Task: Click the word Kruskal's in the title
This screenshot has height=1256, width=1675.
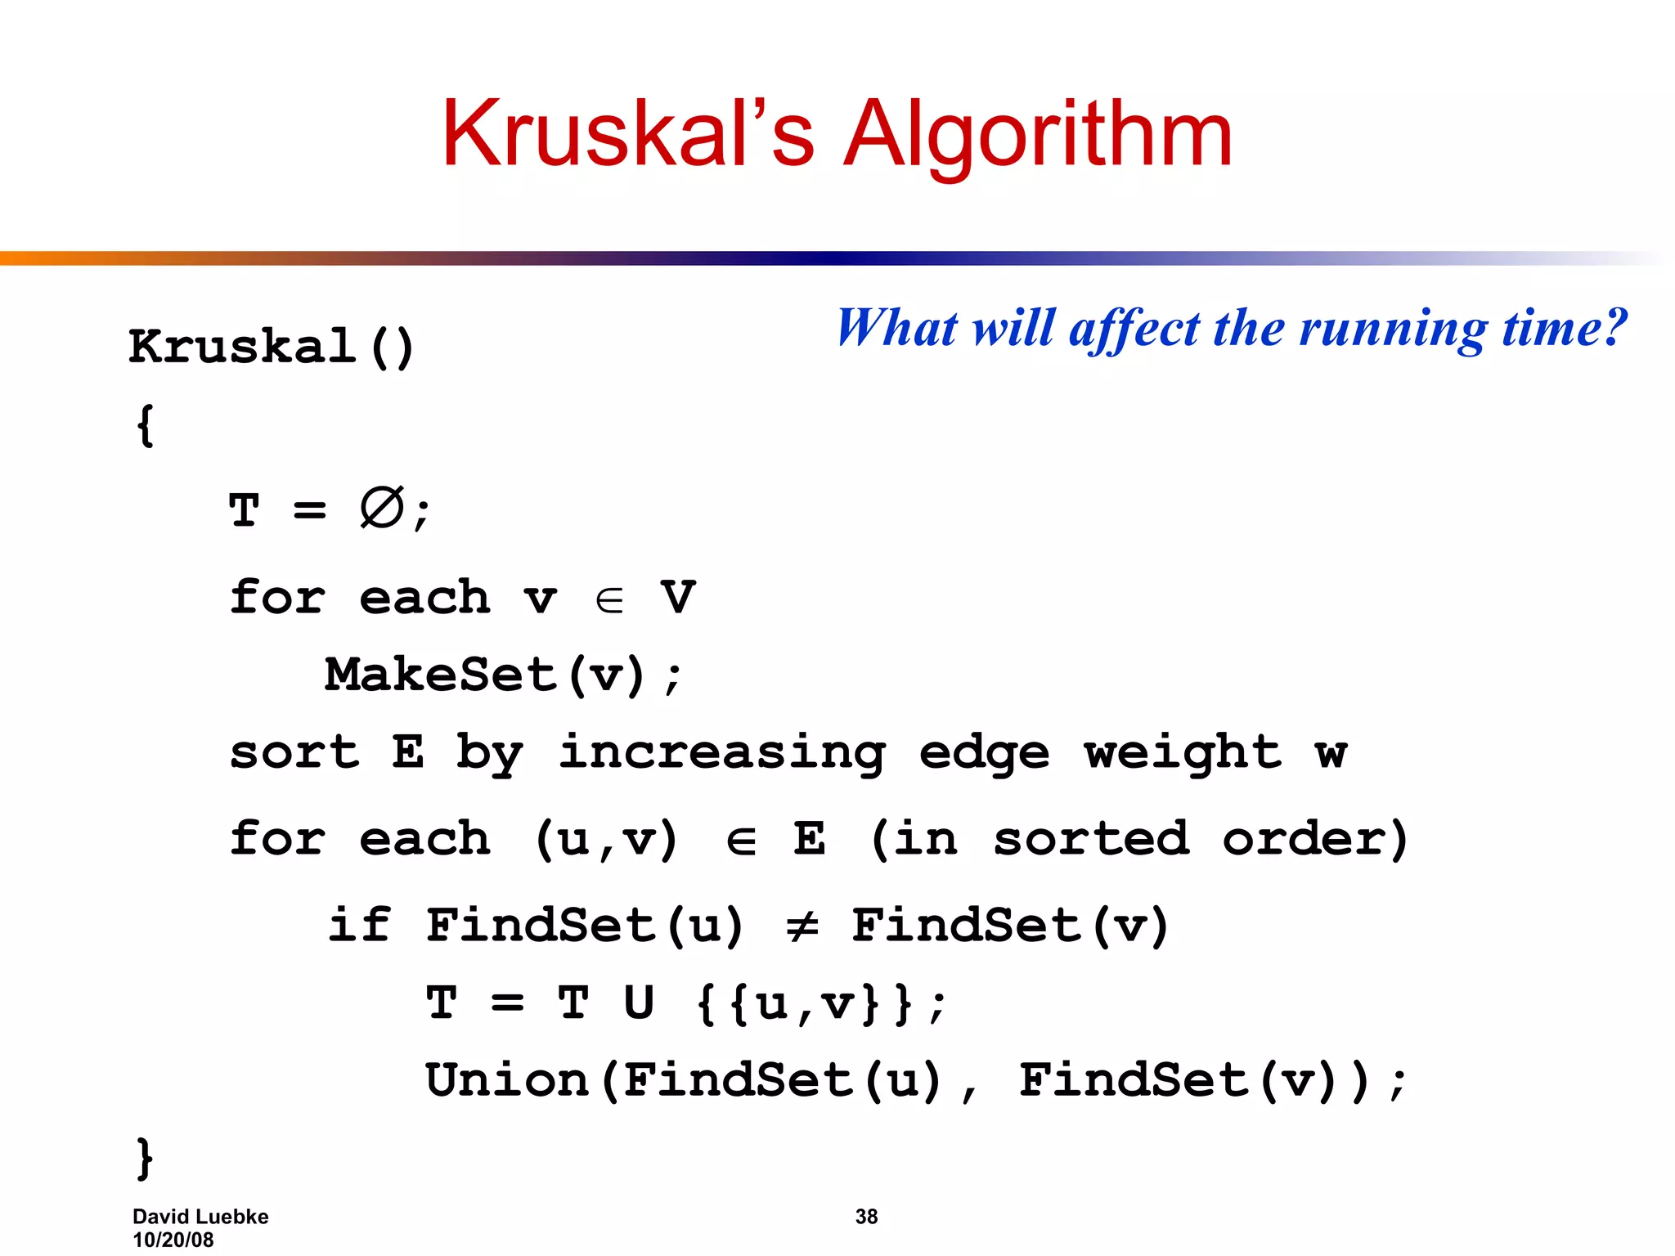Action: (627, 134)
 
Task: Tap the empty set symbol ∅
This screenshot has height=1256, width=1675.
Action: (381, 508)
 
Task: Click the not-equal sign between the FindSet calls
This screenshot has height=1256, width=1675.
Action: (802, 926)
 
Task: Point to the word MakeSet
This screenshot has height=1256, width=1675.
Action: (441, 675)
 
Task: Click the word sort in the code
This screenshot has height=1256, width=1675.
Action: (294, 752)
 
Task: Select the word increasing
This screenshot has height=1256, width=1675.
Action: (721, 754)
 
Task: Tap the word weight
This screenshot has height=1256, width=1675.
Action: (1183, 752)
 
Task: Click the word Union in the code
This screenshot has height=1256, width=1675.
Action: (507, 1080)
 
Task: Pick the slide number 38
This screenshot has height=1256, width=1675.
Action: (866, 1217)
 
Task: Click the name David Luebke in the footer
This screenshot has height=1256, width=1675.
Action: (200, 1217)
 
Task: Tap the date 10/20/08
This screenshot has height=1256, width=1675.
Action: (173, 1240)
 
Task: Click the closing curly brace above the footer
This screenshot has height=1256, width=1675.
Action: (145, 1158)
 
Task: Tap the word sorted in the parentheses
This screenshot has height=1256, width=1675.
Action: (1091, 839)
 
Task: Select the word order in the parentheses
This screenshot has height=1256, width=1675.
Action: (1305, 839)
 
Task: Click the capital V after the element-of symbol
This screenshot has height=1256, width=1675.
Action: (678, 597)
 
